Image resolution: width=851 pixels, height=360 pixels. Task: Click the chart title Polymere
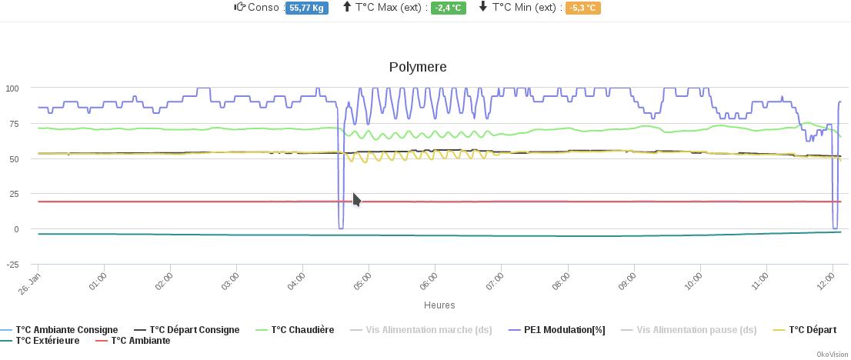click(x=418, y=67)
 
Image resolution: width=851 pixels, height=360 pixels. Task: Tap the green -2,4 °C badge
click(x=448, y=8)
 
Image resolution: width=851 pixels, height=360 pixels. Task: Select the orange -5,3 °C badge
click(x=582, y=8)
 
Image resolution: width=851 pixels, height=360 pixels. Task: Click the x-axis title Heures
click(x=439, y=305)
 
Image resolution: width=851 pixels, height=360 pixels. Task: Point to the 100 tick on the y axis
click(x=12, y=88)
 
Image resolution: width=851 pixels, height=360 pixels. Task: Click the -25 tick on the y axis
click(x=12, y=265)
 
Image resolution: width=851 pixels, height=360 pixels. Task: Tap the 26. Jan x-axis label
click(x=29, y=278)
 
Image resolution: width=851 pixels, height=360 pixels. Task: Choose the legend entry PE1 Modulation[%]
click(x=564, y=330)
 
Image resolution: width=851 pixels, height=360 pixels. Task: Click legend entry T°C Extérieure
click(x=47, y=341)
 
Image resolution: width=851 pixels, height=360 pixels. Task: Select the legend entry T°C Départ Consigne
click(x=194, y=330)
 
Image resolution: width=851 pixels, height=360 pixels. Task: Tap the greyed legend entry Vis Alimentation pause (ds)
click(x=696, y=330)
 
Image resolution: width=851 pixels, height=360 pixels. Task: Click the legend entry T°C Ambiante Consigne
click(x=66, y=330)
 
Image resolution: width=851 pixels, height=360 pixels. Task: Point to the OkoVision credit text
click(x=832, y=355)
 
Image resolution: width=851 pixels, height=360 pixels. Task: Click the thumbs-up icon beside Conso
click(x=239, y=7)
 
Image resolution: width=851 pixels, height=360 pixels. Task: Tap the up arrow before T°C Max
click(x=347, y=7)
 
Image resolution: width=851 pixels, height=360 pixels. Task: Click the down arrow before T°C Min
click(x=483, y=7)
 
